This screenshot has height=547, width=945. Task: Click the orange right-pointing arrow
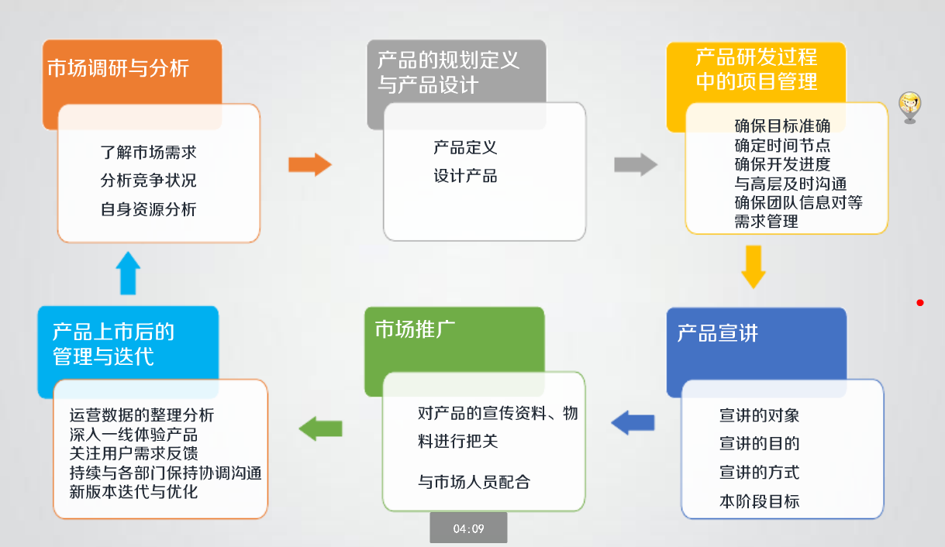(x=310, y=164)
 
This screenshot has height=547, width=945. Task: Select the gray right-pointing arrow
(x=636, y=164)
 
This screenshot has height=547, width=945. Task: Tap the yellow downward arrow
(x=754, y=267)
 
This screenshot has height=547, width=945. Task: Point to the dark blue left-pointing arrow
(x=633, y=422)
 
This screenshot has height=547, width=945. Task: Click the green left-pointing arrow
(x=321, y=428)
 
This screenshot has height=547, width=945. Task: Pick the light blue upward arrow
(x=128, y=273)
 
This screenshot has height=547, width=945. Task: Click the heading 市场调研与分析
(x=118, y=68)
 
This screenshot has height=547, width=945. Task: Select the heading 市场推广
(x=415, y=329)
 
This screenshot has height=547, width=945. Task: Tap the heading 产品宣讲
(x=718, y=333)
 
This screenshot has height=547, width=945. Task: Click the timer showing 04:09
(x=468, y=528)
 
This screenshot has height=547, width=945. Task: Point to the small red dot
(x=920, y=303)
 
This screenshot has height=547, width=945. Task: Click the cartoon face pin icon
(x=910, y=108)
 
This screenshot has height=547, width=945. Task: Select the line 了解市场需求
(x=149, y=153)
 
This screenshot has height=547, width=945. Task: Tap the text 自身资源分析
(x=149, y=209)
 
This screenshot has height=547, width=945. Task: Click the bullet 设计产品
(x=465, y=176)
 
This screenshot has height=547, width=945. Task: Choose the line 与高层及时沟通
(x=791, y=184)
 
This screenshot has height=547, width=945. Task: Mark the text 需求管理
(x=767, y=222)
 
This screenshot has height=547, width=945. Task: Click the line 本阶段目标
(x=760, y=501)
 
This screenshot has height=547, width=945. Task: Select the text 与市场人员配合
(x=474, y=482)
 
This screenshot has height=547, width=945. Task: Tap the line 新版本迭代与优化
(x=134, y=492)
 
